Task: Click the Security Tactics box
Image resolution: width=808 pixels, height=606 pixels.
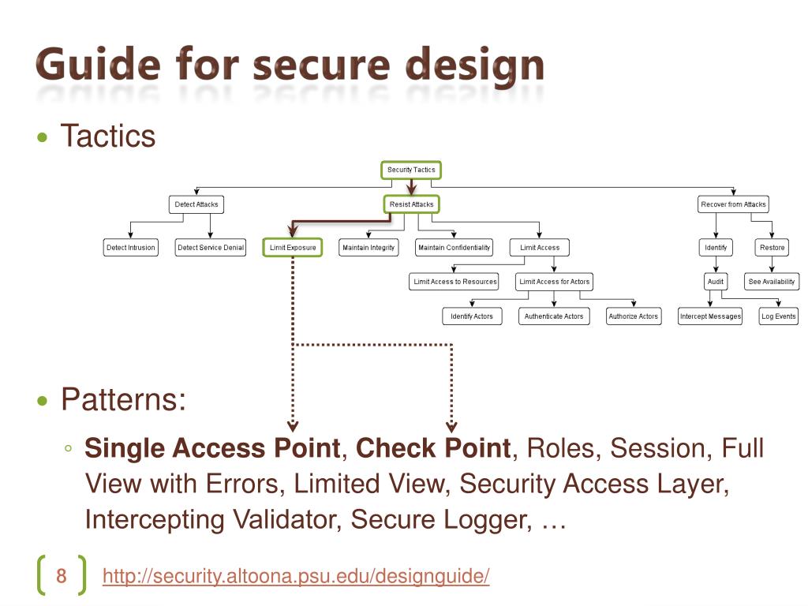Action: [410, 170]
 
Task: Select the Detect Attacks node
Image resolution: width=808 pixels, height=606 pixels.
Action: [196, 204]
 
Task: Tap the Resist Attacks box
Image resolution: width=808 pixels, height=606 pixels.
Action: [411, 204]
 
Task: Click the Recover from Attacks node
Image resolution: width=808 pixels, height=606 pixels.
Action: [733, 204]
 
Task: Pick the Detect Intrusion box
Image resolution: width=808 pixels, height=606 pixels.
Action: [131, 248]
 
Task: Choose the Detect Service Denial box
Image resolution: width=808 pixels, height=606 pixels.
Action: [211, 248]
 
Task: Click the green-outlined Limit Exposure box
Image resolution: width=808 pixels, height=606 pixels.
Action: [293, 248]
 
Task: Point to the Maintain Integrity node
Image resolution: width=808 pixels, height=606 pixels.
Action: [368, 248]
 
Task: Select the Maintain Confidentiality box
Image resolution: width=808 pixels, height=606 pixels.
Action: [454, 248]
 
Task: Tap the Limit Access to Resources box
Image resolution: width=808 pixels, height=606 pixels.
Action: [455, 282]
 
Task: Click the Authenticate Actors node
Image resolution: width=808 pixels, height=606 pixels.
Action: [554, 316]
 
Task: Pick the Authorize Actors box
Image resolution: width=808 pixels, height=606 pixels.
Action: [633, 316]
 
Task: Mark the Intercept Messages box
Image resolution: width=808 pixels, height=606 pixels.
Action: [710, 316]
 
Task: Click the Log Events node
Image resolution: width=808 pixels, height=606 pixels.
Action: [779, 316]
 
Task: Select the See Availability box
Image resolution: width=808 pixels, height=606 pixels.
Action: [772, 282]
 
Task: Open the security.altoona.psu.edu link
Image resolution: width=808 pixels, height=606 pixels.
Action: [296, 577]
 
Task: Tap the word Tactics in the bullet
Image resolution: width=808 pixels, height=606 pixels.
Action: [108, 137]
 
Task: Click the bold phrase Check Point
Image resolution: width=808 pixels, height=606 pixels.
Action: [433, 448]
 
